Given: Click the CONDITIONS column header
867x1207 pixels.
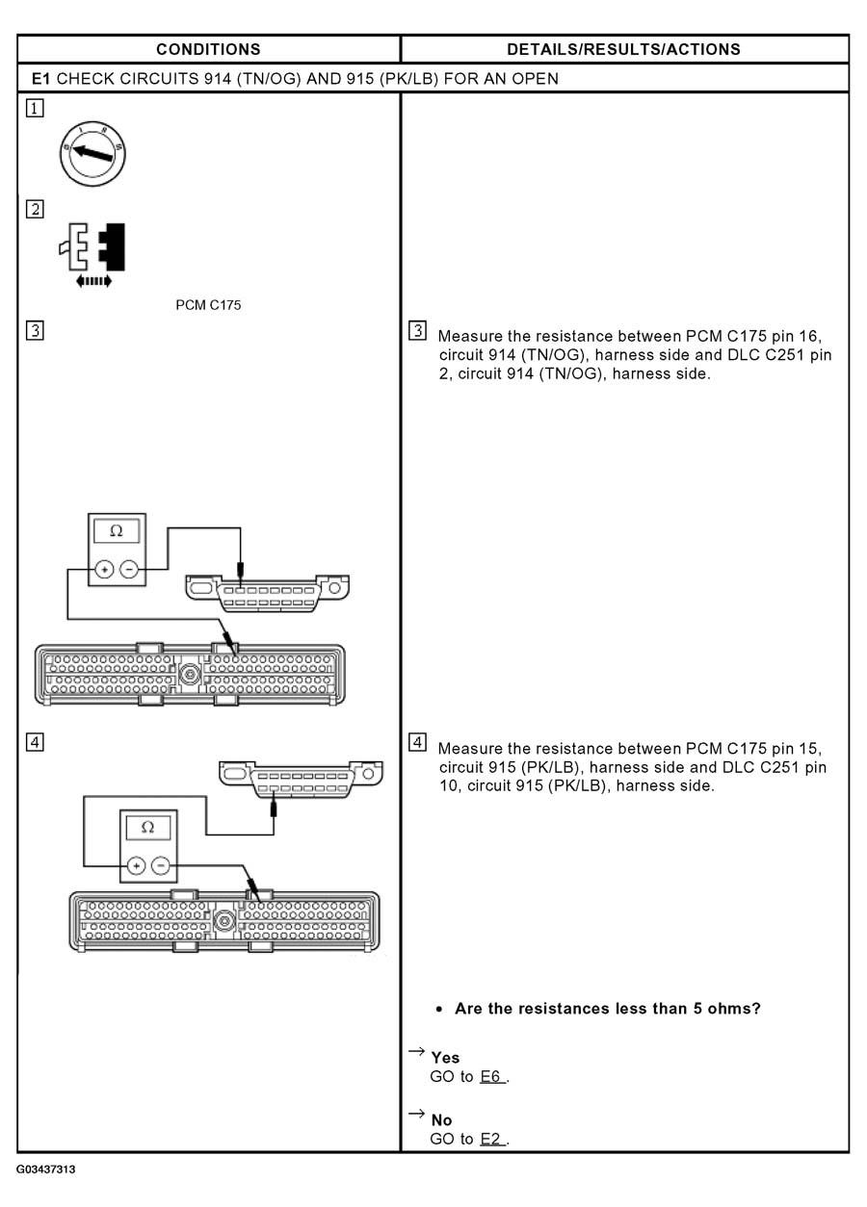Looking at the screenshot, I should tap(208, 49).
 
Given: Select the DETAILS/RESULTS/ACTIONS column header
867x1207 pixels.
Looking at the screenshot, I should tap(623, 49).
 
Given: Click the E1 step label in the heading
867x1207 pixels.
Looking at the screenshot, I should tap(41, 79).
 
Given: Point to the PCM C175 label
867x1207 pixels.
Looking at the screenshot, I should tap(205, 307).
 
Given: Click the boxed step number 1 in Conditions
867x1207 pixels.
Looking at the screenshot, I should tap(35, 109).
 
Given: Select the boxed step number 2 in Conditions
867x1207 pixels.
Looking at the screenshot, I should tap(35, 209).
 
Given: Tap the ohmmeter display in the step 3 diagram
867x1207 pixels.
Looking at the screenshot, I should tap(117, 532).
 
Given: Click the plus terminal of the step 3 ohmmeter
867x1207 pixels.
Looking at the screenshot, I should tap(103, 570).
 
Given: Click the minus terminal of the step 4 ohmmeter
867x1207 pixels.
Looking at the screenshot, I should tap(161, 865).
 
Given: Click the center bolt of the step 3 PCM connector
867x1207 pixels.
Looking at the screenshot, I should tap(189, 675).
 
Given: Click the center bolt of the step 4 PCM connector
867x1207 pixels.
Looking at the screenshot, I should tap(223, 921).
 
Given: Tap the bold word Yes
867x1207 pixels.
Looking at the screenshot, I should tap(445, 1058).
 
